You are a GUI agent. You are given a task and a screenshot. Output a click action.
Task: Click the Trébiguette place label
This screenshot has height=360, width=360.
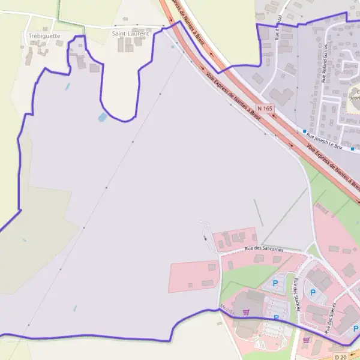[44, 36]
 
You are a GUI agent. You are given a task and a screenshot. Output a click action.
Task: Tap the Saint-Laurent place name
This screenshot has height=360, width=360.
[130, 34]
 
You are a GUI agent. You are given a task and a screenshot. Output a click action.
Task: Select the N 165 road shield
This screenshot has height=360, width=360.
[265, 108]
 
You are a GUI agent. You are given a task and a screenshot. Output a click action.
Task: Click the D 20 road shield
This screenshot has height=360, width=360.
[341, 356]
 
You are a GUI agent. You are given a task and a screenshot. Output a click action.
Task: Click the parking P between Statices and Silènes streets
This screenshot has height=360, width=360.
[313, 292]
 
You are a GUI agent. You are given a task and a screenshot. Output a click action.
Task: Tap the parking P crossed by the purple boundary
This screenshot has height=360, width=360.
[276, 317]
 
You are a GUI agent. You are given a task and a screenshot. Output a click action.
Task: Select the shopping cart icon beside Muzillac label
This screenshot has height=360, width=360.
[245, 304]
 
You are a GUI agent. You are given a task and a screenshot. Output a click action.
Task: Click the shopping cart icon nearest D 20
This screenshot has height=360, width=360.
[307, 340]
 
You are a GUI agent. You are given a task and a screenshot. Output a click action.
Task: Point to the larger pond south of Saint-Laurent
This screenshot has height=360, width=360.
[103, 117]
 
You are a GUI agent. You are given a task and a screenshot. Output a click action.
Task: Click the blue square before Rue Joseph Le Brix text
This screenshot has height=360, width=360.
[305, 131]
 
